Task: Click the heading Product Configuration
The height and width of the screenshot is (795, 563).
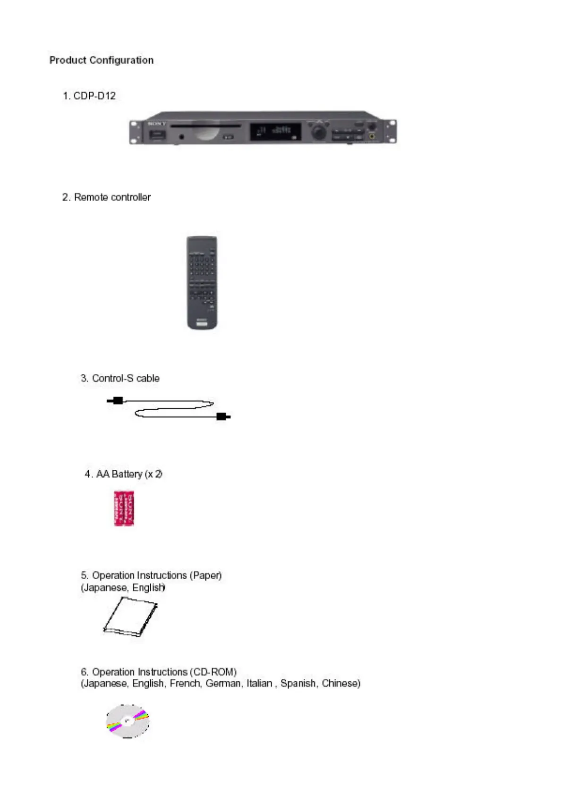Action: [x=101, y=60]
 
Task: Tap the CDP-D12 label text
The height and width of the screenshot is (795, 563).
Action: [x=94, y=96]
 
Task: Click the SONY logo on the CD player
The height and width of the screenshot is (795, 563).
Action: [x=157, y=124]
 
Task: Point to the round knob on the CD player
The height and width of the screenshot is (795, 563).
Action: [x=319, y=130]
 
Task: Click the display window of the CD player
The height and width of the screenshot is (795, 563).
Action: [x=275, y=131]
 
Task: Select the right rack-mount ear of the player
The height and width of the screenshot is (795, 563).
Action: [x=391, y=131]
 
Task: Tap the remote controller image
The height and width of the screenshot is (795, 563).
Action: [x=202, y=282]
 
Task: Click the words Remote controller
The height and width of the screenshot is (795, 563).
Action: [x=112, y=197]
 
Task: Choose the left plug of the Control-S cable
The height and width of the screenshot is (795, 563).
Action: [x=116, y=401]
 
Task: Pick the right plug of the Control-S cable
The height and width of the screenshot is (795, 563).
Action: [x=222, y=416]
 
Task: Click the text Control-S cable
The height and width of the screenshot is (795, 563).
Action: [x=125, y=378]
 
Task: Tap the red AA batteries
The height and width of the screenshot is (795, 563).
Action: [x=124, y=508]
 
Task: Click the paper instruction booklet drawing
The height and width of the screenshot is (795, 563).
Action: [x=130, y=616]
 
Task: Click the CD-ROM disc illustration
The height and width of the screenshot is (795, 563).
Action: [x=128, y=721]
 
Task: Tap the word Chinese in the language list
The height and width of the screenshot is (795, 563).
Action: [x=341, y=684]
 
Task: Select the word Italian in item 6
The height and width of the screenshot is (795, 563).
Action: [x=259, y=684]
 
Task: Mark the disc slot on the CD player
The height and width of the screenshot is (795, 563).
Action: [x=205, y=126]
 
